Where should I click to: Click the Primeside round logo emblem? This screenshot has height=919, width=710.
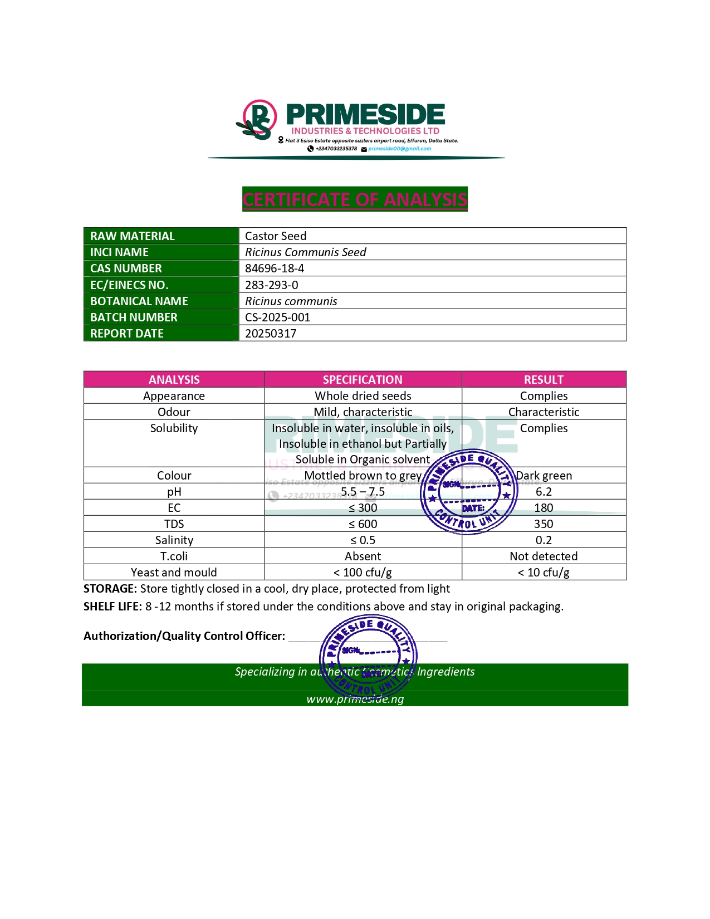pos(259,119)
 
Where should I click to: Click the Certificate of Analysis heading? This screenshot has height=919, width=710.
pos(355,199)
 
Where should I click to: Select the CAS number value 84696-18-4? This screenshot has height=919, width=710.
pos(275,268)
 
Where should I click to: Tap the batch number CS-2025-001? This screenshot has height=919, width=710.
pos(277,317)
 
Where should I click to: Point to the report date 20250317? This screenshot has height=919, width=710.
pos(271,334)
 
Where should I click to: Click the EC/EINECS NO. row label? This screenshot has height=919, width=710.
pos(129,285)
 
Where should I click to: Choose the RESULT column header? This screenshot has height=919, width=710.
pos(543,380)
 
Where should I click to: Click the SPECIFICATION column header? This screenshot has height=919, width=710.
pos(363,380)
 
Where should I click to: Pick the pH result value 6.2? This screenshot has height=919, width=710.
pos(543,492)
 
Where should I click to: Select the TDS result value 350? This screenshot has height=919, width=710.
pos(543,524)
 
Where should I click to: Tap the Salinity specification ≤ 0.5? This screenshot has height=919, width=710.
pos(363,540)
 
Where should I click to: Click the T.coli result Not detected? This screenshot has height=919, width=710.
pos(543,556)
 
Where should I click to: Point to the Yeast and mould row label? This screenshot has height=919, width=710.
pos(174,573)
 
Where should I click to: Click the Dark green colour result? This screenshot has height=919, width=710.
pos(544,476)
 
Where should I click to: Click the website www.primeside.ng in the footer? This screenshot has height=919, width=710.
pos(355,699)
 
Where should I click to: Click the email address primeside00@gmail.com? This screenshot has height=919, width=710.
pos(399,149)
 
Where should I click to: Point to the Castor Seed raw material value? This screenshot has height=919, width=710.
pos(276,236)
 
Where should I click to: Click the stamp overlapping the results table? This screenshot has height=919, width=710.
pos(469,491)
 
